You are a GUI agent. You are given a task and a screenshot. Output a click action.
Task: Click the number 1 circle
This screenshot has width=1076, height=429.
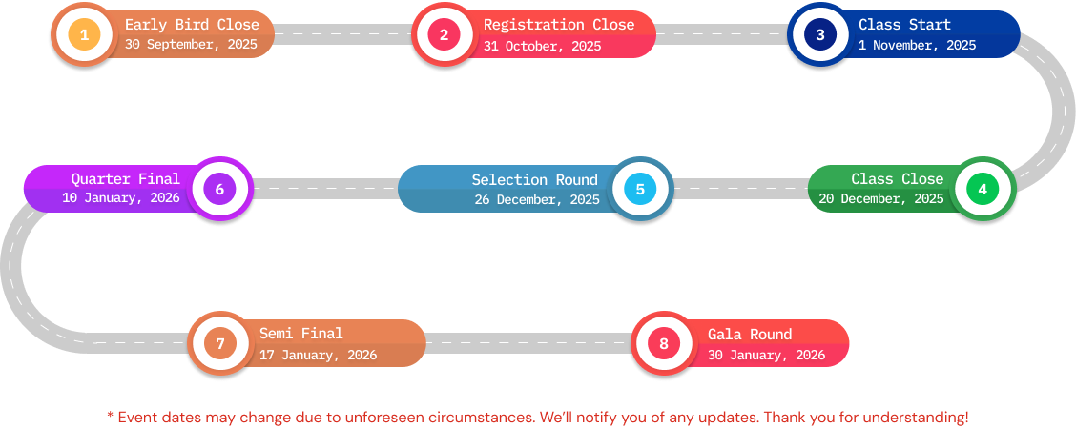(x=84, y=35)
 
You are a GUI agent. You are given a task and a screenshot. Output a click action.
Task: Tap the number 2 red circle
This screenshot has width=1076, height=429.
(x=444, y=35)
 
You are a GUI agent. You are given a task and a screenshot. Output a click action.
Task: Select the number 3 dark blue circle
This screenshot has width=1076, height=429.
(x=819, y=35)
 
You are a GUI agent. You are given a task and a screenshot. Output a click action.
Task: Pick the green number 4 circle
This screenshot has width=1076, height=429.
(x=982, y=189)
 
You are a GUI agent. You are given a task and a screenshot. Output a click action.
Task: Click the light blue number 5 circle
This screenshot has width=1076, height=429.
(x=640, y=189)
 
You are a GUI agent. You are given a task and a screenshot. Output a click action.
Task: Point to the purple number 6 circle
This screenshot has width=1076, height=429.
(x=219, y=189)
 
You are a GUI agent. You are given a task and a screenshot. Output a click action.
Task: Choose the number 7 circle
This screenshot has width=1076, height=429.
(x=219, y=343)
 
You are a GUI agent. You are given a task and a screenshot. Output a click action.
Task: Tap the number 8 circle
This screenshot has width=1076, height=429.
(x=664, y=343)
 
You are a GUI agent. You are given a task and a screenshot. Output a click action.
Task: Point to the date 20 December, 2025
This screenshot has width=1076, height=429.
(x=880, y=198)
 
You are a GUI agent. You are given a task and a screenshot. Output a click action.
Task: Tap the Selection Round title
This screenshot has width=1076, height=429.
(x=534, y=179)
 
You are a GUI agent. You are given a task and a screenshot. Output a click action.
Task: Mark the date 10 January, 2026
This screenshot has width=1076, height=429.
(x=121, y=198)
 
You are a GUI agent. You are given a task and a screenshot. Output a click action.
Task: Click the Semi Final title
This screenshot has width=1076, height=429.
(x=300, y=334)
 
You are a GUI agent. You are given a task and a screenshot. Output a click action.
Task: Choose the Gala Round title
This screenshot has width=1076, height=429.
(x=750, y=334)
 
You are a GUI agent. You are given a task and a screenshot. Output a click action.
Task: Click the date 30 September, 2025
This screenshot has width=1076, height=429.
(x=192, y=45)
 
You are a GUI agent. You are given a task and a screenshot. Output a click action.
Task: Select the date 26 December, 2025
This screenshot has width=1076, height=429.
(x=537, y=199)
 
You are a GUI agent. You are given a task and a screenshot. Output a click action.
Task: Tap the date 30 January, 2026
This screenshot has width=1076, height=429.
(x=766, y=355)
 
